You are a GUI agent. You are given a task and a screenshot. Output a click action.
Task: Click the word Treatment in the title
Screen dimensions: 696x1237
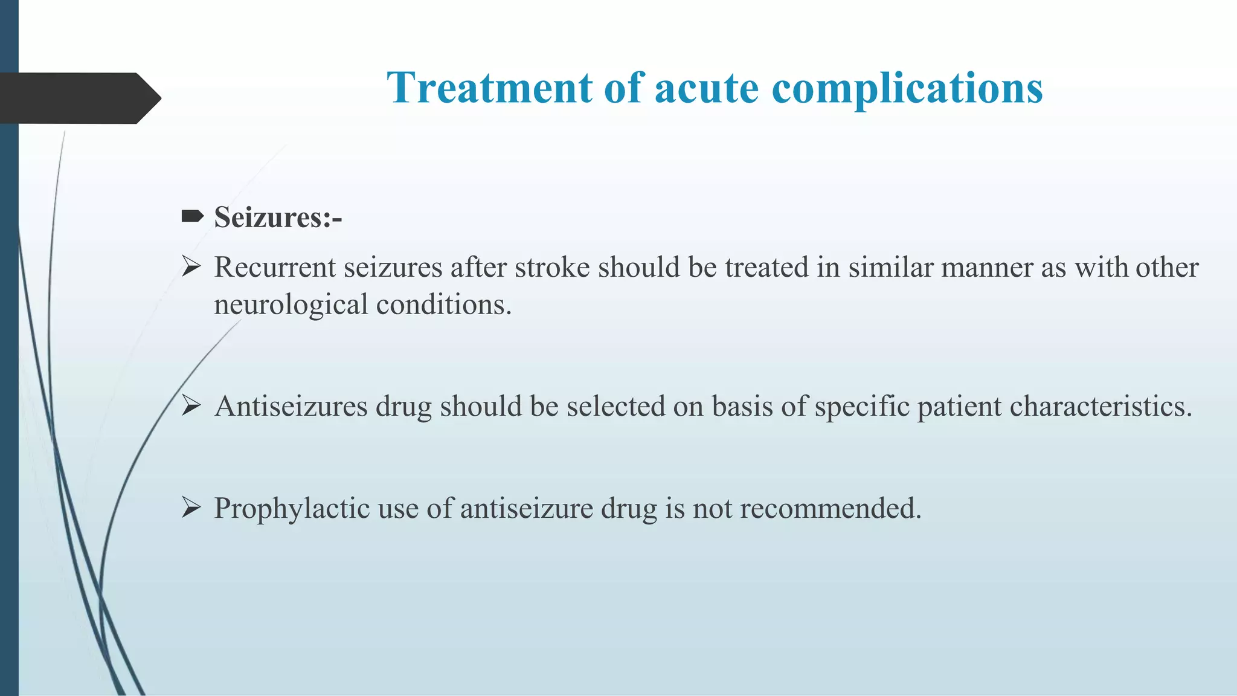(x=490, y=88)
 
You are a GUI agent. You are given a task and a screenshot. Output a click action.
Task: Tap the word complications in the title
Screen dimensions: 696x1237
(x=907, y=88)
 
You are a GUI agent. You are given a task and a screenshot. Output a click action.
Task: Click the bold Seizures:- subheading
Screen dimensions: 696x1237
(x=278, y=217)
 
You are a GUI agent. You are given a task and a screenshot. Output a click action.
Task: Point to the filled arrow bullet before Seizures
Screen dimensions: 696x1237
(x=192, y=216)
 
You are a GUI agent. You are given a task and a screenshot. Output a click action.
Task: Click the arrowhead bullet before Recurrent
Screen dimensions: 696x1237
(x=191, y=266)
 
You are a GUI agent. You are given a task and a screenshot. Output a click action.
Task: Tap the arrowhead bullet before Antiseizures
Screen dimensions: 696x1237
(x=191, y=405)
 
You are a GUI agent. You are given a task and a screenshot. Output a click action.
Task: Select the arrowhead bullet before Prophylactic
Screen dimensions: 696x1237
(x=191, y=507)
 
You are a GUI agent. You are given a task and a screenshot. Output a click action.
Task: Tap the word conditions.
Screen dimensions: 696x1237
(x=443, y=304)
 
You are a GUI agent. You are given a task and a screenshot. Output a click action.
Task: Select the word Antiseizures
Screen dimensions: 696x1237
(x=291, y=407)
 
